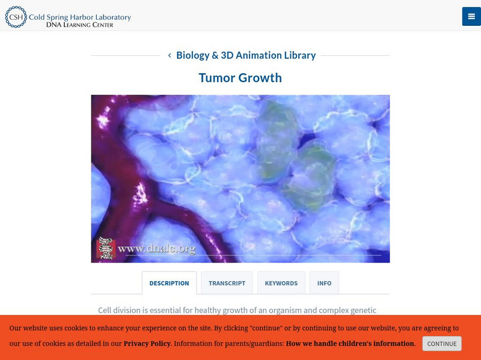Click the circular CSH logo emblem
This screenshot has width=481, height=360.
(x=16, y=17)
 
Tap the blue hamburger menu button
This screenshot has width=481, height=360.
(x=470, y=16)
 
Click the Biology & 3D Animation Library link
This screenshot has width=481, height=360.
(x=245, y=55)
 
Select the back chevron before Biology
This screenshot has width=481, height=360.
(x=170, y=55)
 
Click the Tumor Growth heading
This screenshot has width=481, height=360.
(x=240, y=78)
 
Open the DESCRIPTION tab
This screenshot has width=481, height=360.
(x=169, y=283)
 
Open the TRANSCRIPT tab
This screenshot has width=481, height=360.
(x=227, y=283)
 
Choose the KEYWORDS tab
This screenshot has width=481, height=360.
(x=281, y=283)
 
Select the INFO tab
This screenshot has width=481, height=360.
(x=324, y=283)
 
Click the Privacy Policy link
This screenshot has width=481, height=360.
(x=147, y=344)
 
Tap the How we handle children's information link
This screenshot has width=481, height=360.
(x=350, y=344)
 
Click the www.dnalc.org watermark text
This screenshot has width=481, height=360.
(x=156, y=248)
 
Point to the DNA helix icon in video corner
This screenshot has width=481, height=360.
(x=106, y=248)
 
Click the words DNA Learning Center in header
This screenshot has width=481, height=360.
(x=79, y=24)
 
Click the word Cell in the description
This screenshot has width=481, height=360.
(x=106, y=310)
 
